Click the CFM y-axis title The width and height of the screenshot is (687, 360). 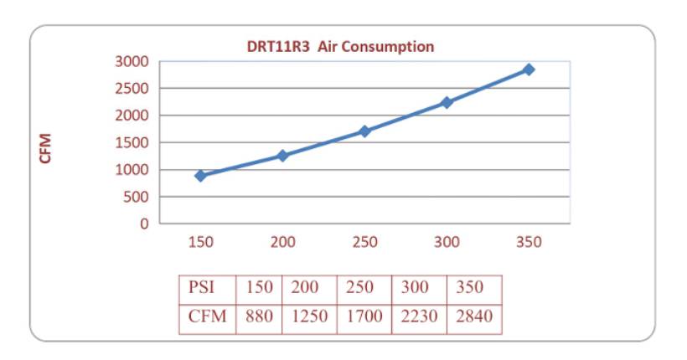(x=46, y=148)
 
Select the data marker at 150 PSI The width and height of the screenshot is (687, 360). (x=201, y=176)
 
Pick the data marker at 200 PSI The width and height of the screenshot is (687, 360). (x=283, y=156)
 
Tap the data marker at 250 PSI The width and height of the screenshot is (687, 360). (x=364, y=131)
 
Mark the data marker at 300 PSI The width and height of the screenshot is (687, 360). (x=447, y=103)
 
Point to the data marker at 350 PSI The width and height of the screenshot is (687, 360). (x=529, y=69)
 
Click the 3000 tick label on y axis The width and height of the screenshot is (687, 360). (x=131, y=61)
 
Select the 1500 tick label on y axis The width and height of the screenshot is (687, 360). (x=131, y=142)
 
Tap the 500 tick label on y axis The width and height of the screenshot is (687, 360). (x=136, y=197)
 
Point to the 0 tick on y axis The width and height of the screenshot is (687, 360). (x=144, y=224)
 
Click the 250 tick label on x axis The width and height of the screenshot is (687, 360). (x=364, y=243)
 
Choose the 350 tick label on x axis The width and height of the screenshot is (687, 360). (x=529, y=243)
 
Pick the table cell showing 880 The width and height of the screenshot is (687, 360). (x=260, y=317)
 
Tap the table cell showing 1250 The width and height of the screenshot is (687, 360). (x=309, y=317)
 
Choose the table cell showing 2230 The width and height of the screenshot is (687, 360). (x=419, y=317)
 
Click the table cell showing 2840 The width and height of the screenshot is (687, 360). (x=474, y=317)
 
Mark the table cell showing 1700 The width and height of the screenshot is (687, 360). (x=364, y=317)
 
